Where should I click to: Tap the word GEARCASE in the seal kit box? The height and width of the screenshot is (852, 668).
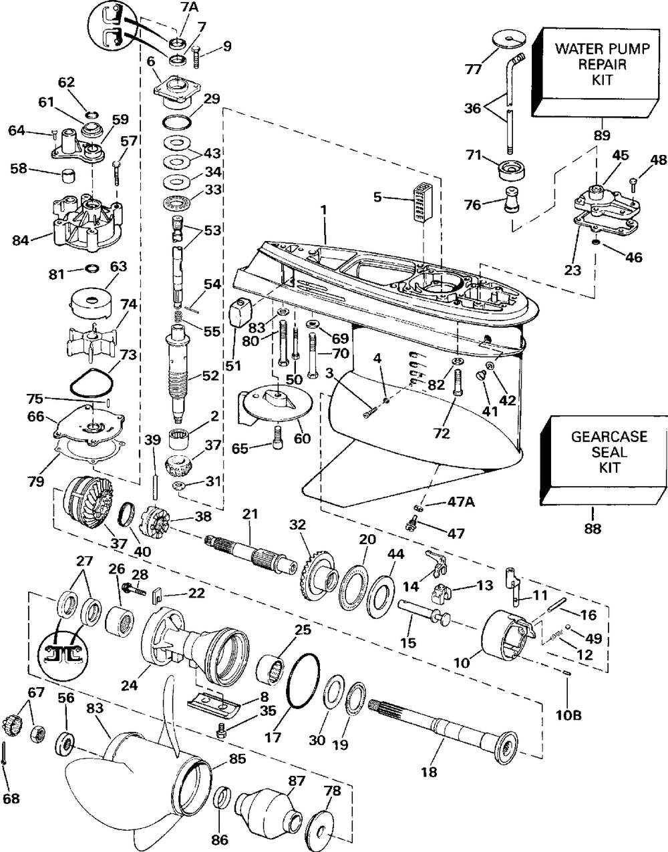tap(609, 437)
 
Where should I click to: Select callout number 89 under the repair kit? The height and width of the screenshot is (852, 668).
tap(602, 136)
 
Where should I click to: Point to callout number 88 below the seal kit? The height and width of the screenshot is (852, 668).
tap(593, 529)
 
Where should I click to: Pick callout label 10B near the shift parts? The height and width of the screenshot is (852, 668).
tap(568, 716)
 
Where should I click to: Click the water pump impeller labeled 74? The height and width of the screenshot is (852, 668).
tap(92, 338)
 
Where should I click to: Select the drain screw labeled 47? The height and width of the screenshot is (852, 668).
tap(412, 523)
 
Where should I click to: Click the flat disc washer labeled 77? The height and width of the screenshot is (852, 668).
tap(509, 40)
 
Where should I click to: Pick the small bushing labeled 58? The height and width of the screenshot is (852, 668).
tap(69, 176)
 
